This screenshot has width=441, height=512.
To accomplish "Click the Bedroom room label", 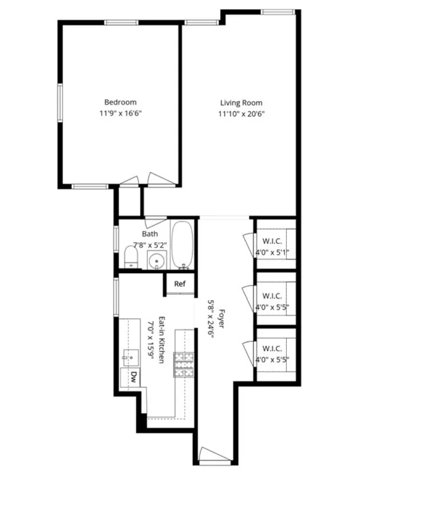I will tap(120, 102).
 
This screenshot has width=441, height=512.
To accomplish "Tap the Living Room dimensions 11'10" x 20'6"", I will tap(241, 114).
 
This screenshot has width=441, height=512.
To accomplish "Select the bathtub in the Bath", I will tap(182, 245).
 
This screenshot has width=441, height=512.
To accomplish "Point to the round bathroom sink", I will tap(156, 261).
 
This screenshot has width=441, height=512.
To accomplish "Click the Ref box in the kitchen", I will tap(179, 284).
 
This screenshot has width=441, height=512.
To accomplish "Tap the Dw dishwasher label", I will tap(134, 377).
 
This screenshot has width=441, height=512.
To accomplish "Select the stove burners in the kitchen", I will tap(184, 365).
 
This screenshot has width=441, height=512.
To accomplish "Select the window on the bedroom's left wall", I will tap(60, 102).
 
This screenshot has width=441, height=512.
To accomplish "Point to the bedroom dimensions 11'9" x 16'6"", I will tap(120, 114).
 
